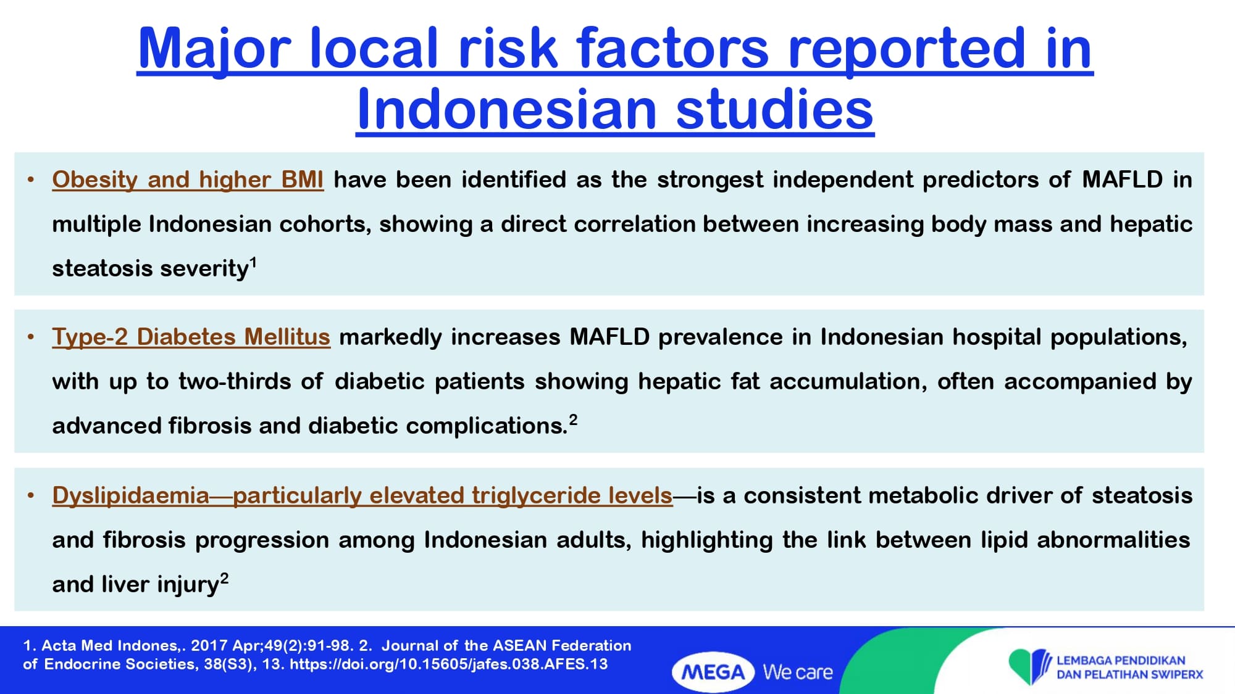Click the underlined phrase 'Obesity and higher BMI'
coord(188,180)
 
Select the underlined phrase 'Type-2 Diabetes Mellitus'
coord(191,337)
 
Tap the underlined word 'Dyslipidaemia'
coord(131,496)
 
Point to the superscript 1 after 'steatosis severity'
coord(253,262)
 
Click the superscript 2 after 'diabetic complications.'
coord(573,420)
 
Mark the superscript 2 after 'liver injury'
coord(224,578)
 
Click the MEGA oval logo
coord(713,672)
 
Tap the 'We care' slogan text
coord(798,672)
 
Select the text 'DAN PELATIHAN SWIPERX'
coord(1130,675)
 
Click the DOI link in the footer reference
coord(449,664)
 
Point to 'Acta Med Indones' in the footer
coord(110,646)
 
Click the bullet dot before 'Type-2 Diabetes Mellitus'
coord(31,337)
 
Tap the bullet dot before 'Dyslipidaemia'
coord(31,495)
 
